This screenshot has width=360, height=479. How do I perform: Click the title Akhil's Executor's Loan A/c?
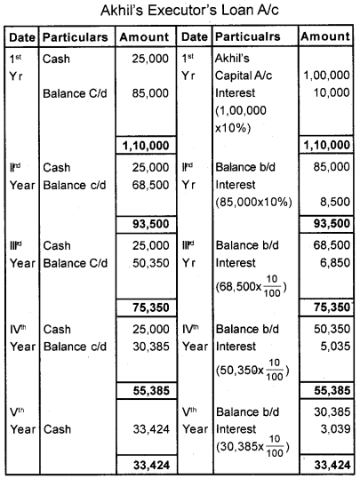pyautogui.click(x=180, y=12)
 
